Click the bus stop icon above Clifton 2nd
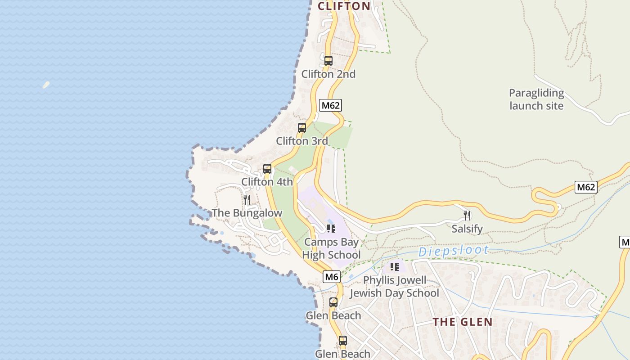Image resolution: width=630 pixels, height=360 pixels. pos(328,61)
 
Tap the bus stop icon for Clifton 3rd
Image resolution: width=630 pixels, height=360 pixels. pos(302,128)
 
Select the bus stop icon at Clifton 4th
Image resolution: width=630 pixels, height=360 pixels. pos(267,169)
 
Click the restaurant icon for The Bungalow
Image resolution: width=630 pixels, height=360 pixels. pos(247,199)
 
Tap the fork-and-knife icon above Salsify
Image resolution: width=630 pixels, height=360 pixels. pos(467,216)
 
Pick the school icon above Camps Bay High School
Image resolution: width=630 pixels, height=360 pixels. pos(331,229)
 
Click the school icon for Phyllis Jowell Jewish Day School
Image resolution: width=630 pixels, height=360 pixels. pos(395,267)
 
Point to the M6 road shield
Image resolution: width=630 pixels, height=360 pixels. pos(331,277)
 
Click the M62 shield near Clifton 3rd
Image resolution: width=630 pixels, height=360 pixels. pos(330,105)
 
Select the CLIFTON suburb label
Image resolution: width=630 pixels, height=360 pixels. pos(344,6)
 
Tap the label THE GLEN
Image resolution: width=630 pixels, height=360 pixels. pos(463,322)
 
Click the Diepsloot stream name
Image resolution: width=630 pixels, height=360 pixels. pos(453,251)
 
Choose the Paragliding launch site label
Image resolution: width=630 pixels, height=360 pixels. pos(536,99)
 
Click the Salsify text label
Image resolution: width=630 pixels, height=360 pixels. pos(467,229)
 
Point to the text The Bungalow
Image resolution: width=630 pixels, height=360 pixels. pos(247,213)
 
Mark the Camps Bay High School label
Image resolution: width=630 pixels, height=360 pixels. pos(331,248)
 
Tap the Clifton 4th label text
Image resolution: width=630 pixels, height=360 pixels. pos(267,182)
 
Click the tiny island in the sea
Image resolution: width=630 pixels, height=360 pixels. pos(46,85)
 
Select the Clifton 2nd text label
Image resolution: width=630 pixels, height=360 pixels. pos(328,74)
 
